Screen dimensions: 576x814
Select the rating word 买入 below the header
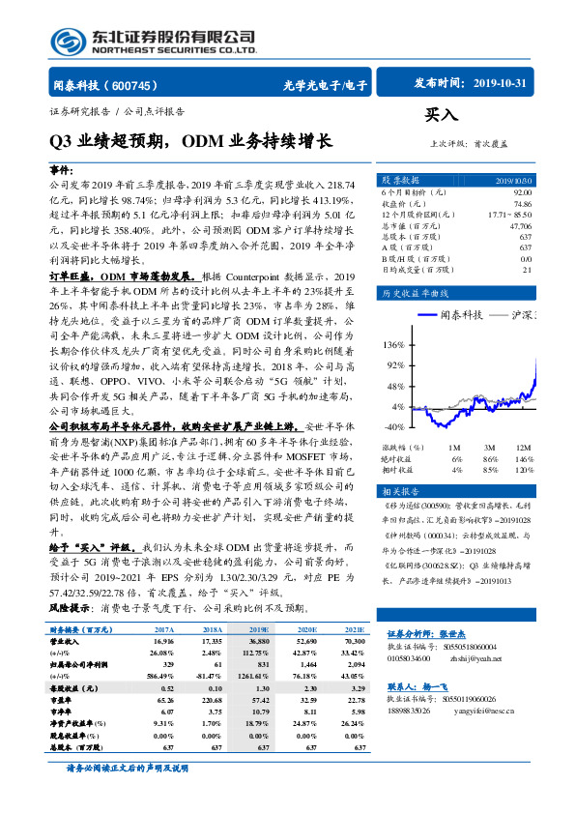coord(442,115)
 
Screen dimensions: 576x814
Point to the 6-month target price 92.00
coord(521,193)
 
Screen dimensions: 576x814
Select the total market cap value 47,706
coord(519,225)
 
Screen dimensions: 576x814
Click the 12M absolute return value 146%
coord(523,459)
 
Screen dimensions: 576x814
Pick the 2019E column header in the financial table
coord(258,629)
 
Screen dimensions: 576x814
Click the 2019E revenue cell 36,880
coord(258,640)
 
